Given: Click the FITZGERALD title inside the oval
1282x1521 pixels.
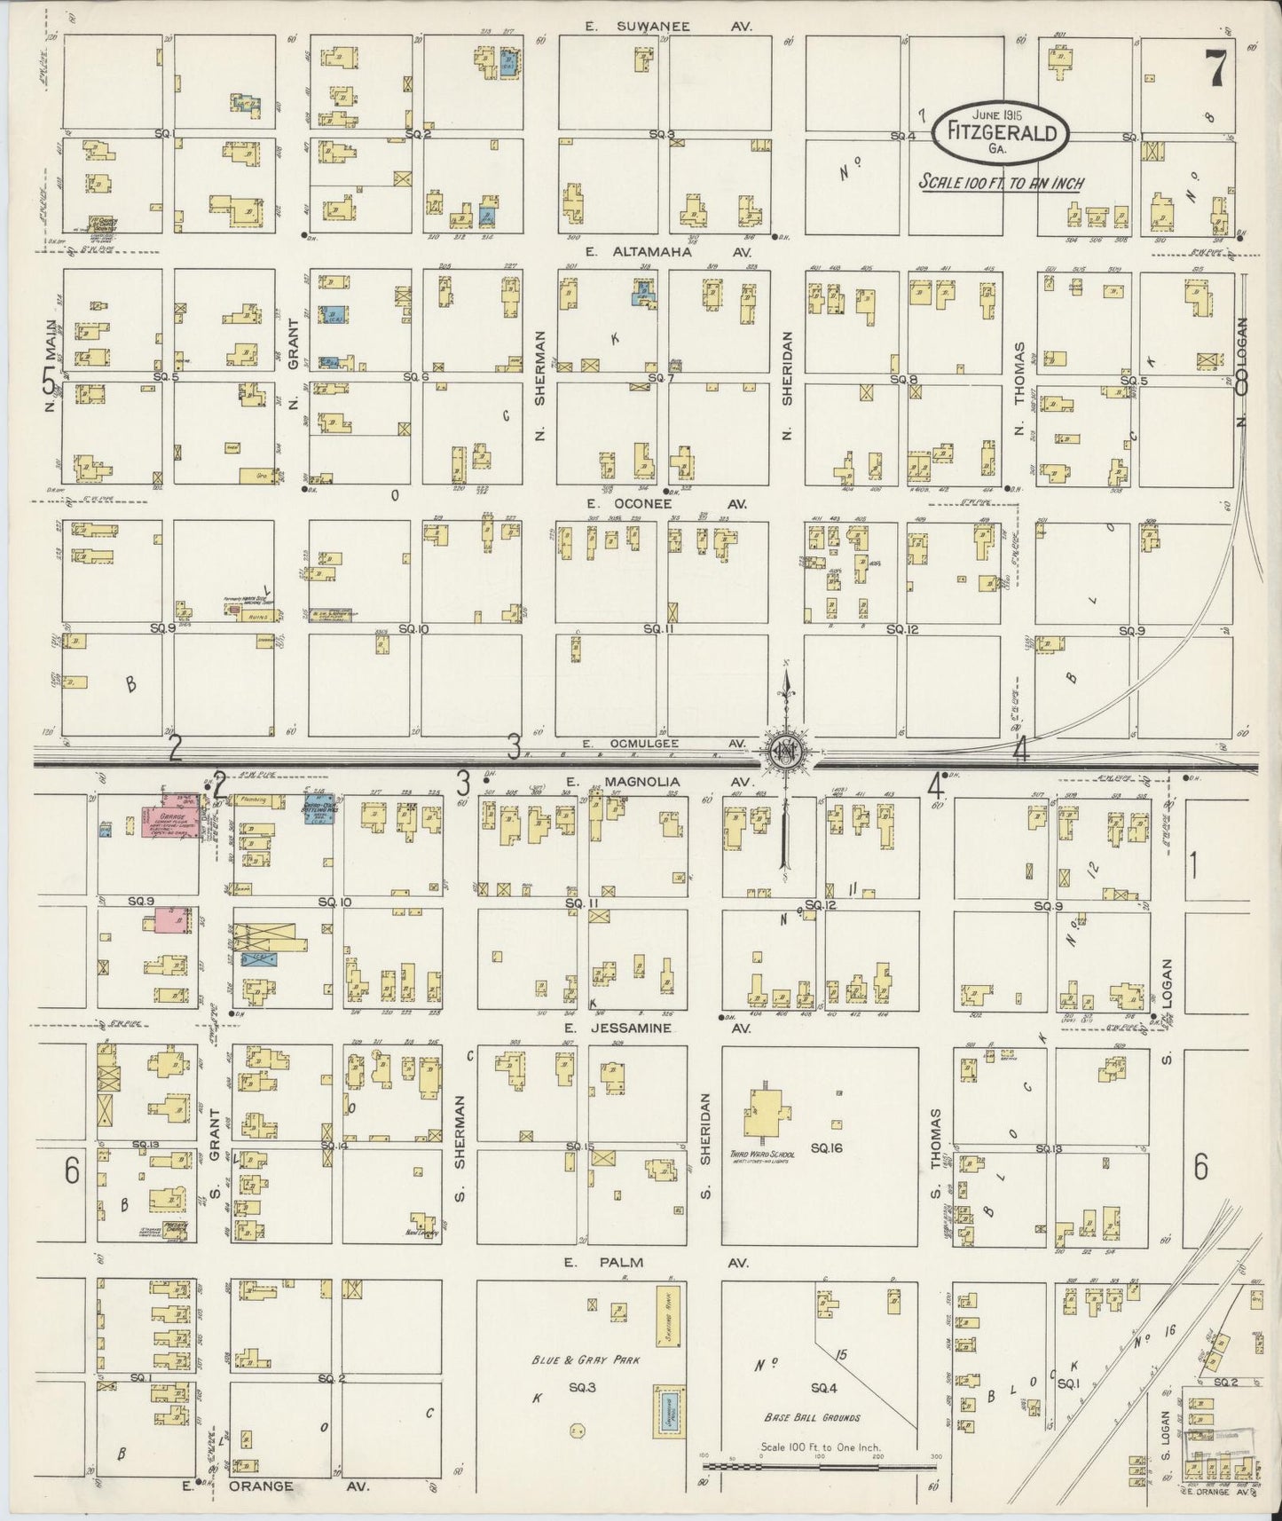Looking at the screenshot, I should pos(1000,133).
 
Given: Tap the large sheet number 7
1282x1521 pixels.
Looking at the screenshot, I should pos(1216,68).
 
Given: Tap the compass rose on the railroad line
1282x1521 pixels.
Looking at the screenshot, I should pos(786,750).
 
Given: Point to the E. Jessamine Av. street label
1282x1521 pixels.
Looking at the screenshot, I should pos(657,1028).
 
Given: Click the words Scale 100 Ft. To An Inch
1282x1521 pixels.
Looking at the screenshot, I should pos(1000,183).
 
